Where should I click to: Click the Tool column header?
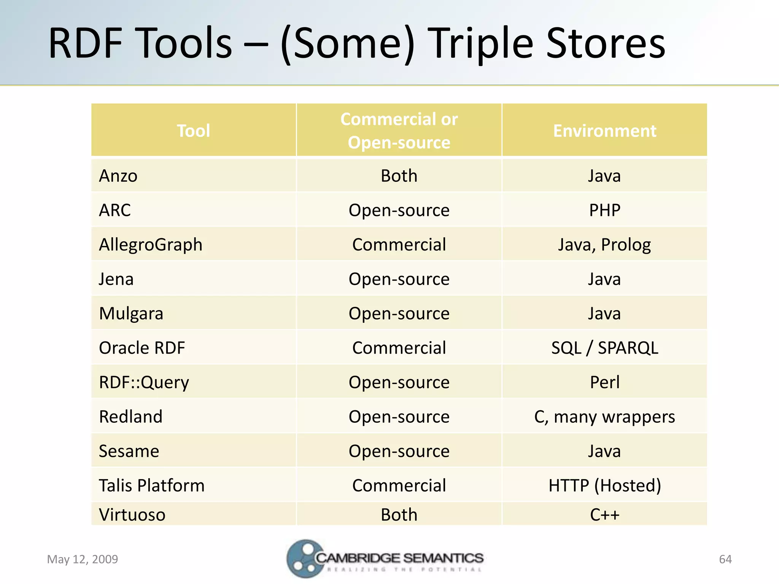click(193, 131)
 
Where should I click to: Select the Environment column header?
click(604, 131)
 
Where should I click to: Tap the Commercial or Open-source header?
click(399, 130)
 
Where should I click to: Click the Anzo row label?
click(118, 176)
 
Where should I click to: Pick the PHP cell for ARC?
click(604, 210)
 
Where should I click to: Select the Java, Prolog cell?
click(604, 245)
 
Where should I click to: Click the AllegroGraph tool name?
click(151, 245)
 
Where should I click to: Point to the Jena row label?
click(116, 279)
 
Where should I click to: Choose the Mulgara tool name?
click(131, 314)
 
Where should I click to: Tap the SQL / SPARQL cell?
click(604, 348)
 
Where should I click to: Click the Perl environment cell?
click(604, 382)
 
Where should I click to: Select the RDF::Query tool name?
click(144, 382)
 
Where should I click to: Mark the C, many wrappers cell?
click(604, 417)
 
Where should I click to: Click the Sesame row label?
click(129, 451)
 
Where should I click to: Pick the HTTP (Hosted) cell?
click(604, 486)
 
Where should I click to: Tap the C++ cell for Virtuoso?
click(604, 515)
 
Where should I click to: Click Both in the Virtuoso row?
click(399, 515)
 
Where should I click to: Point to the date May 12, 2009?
click(82, 559)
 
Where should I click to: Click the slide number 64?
click(725, 559)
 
